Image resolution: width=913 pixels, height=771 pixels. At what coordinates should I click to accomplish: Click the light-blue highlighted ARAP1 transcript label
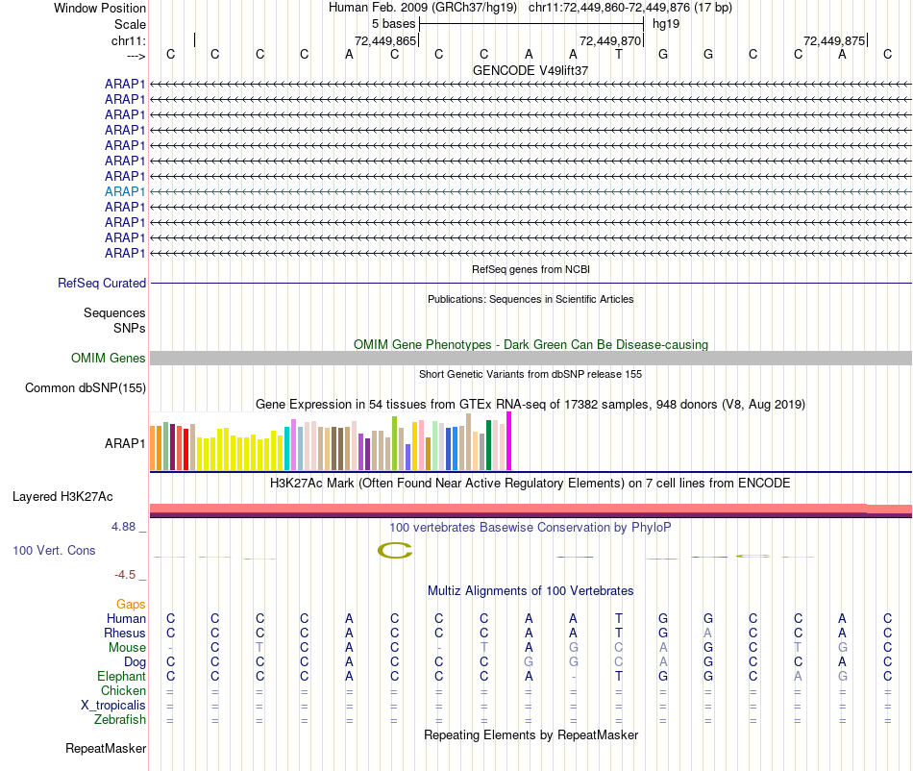tap(125, 191)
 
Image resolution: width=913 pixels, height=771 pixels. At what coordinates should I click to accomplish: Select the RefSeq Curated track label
tap(102, 283)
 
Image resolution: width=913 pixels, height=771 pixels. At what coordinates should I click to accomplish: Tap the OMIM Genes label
tap(109, 358)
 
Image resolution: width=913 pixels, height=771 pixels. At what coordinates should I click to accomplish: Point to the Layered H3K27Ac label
tap(62, 497)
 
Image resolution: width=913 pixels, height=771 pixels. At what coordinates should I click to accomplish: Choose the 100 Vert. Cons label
tap(55, 550)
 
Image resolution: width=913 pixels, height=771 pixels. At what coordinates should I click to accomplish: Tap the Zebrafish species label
tap(120, 719)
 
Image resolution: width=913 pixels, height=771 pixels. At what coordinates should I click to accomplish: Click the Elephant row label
tap(121, 676)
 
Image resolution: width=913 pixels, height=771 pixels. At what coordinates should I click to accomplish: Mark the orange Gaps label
tap(131, 604)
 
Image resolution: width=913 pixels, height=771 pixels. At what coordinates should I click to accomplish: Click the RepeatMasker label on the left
tap(106, 748)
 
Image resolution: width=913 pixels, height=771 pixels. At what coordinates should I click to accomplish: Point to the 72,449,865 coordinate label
tap(385, 41)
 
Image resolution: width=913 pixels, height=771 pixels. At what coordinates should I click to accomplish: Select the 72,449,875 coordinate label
tap(834, 41)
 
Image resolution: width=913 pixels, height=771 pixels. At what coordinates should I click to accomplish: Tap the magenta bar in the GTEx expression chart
tap(509, 441)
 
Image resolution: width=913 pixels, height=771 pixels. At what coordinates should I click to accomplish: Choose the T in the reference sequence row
tap(619, 54)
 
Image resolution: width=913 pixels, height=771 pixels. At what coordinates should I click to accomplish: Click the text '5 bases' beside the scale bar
tap(393, 23)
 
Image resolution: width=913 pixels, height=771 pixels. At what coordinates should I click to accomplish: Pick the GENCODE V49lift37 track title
tap(531, 70)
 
